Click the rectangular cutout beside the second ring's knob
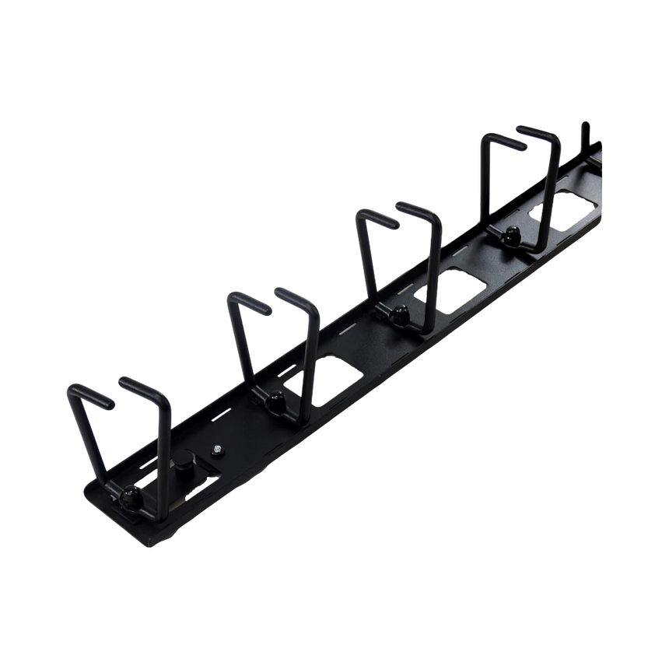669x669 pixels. pyautogui.click(x=336, y=374)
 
